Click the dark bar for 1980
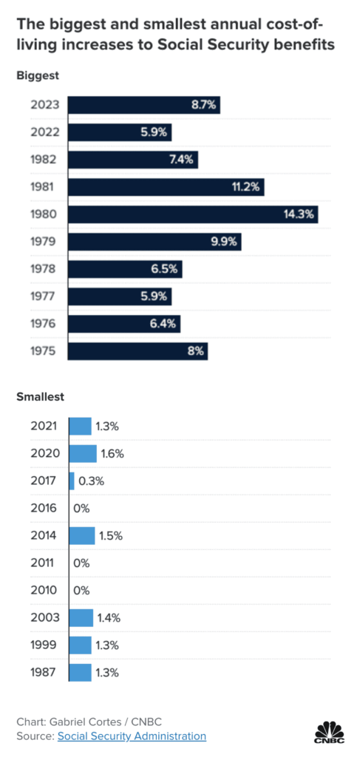[x=192, y=214]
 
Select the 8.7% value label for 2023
[x=203, y=105]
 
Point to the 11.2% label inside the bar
[x=245, y=187]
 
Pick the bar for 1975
[x=137, y=351]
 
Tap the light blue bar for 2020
[x=83, y=453]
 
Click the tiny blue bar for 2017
[x=72, y=481]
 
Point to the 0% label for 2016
[x=81, y=508]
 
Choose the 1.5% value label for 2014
[x=110, y=535]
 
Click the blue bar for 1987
[x=80, y=672]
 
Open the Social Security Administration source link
[x=132, y=736]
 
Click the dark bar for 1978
[x=125, y=269]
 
